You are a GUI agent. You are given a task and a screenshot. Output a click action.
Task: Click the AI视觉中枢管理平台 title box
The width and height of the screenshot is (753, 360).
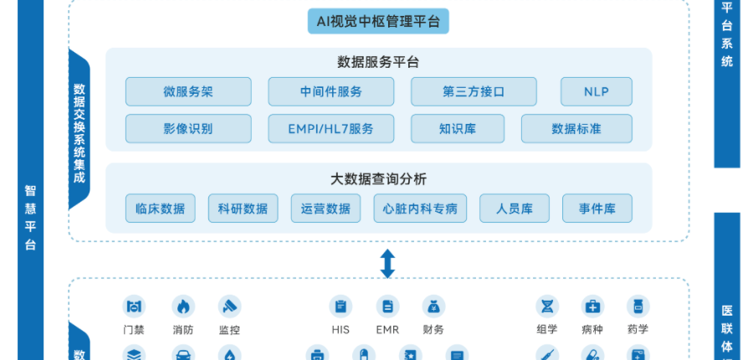[378, 21]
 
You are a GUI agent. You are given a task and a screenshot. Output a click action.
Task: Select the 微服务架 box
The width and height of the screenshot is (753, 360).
[188, 91]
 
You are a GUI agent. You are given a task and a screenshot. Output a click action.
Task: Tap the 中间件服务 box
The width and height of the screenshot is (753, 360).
[330, 91]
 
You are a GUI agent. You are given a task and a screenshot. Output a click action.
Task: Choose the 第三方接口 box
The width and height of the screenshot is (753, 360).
[474, 91]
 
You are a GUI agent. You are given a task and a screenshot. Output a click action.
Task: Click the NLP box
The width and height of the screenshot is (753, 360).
[597, 91]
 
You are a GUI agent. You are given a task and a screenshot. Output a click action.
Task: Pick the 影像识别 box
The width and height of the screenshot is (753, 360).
[188, 128]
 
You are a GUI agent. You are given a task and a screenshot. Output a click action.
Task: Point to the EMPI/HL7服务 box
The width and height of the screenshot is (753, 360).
[330, 128]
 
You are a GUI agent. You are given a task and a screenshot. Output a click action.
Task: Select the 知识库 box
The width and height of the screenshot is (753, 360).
[458, 128]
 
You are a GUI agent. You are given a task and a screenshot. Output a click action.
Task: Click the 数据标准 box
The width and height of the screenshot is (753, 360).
[576, 128]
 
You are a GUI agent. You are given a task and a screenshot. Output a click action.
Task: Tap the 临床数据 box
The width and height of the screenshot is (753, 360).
[161, 208]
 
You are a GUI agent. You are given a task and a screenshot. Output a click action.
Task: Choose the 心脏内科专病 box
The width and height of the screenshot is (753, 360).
[420, 208]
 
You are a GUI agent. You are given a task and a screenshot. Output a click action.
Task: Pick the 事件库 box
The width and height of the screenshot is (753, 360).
[597, 208]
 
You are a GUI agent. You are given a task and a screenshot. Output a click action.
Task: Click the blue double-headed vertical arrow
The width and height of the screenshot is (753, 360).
[387, 264]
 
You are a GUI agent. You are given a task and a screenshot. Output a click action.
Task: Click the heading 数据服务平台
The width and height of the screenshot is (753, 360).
[378, 63]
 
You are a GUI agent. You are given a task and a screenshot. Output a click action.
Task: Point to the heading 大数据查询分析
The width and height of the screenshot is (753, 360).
[378, 179]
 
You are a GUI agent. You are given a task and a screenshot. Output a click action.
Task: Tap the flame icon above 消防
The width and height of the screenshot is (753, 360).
[183, 306]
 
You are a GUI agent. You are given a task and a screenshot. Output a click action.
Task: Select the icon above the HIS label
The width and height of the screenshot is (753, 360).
[341, 306]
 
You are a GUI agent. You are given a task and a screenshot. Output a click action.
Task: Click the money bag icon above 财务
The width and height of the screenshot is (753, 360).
[433, 306]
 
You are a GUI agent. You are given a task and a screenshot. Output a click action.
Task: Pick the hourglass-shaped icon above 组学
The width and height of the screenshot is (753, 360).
[547, 306]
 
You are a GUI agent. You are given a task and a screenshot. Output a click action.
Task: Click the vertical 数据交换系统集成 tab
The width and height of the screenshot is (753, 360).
[79, 129]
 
